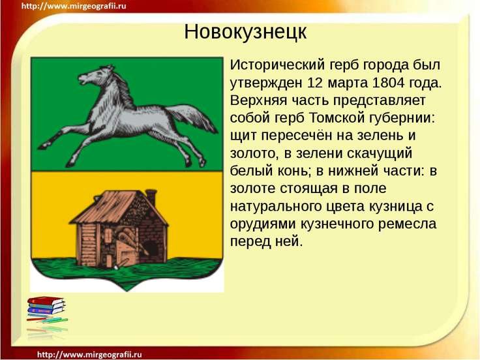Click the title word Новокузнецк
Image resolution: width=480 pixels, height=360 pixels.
click(x=245, y=31)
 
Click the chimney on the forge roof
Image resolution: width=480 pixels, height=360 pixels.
click(x=151, y=198)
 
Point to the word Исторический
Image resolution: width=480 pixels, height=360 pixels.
click(x=277, y=65)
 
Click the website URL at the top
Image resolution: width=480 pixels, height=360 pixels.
click(x=74, y=6)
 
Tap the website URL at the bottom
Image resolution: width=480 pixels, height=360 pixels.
click(x=89, y=355)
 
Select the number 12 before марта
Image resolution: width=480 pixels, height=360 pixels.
click(x=315, y=83)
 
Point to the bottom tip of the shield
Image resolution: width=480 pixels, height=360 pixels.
click(x=127, y=290)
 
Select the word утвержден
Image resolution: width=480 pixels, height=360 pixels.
click(x=266, y=83)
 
